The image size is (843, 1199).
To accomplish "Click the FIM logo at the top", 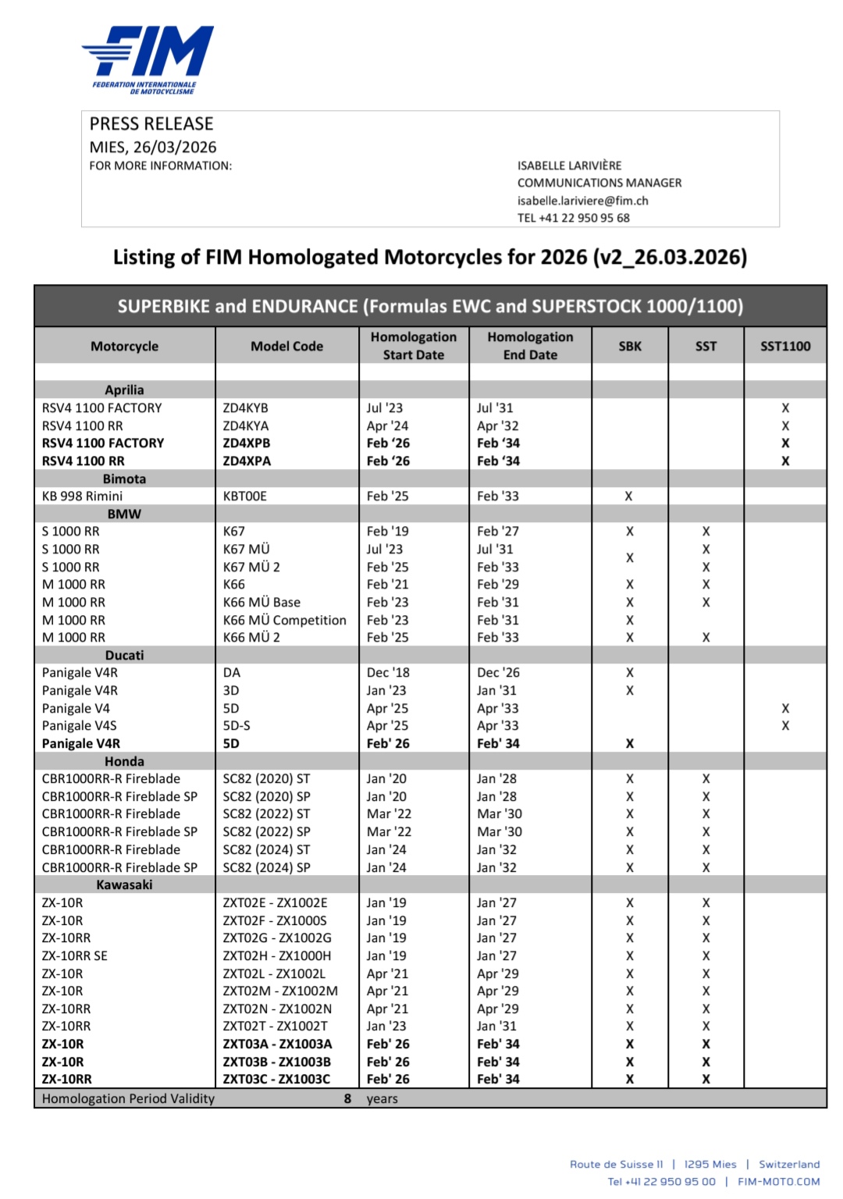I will pyautogui.click(x=148, y=59).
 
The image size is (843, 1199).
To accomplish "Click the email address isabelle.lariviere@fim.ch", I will pyautogui.click(x=582, y=201).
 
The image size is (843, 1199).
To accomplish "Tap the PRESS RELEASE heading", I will pyautogui.click(x=151, y=124).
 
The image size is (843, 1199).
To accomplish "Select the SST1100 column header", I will pyautogui.click(x=785, y=346).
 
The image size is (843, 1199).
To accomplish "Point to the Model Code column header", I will pyautogui.click(x=286, y=346).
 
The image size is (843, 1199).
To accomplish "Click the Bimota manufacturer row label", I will pyautogui.click(x=124, y=479).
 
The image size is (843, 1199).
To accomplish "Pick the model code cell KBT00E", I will pyautogui.click(x=245, y=496).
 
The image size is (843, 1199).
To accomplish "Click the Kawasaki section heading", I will pyautogui.click(x=124, y=884).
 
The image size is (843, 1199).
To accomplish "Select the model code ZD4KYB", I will pyautogui.click(x=245, y=407).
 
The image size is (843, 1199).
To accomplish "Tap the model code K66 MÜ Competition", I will pyautogui.click(x=284, y=620).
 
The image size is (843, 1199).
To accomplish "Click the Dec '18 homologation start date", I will pyautogui.click(x=388, y=672).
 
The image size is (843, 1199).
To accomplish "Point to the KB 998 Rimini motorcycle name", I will pyautogui.click(x=82, y=496).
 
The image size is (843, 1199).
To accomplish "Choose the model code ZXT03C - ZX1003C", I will pyautogui.click(x=276, y=1079).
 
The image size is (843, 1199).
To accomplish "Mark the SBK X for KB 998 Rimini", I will pyautogui.click(x=628, y=496).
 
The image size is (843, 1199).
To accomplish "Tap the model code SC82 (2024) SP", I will pyautogui.click(x=266, y=867).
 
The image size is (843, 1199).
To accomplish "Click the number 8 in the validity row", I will pyautogui.click(x=347, y=1098).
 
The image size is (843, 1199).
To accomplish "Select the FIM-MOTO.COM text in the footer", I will pyautogui.click(x=778, y=1181).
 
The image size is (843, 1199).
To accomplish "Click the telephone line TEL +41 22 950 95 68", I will pyautogui.click(x=573, y=218).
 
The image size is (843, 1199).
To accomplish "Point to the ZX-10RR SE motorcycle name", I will pyautogui.click(x=75, y=955).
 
